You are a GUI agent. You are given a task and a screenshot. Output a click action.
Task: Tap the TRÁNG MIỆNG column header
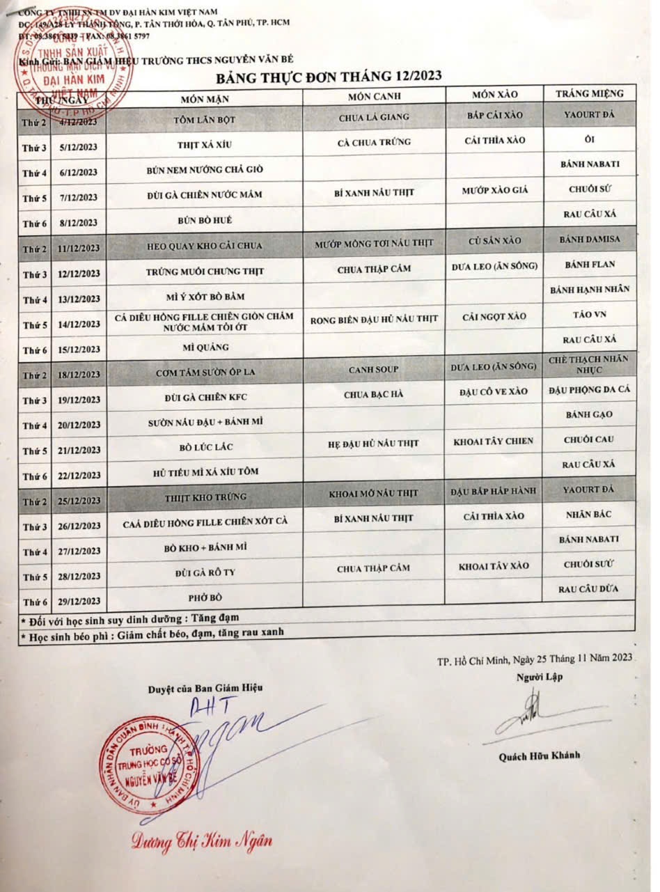pyautogui.click(x=589, y=93)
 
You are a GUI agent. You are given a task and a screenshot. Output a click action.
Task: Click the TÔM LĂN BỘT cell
pyautogui.click(x=205, y=120)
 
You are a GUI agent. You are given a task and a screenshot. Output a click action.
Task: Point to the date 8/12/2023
pyautogui.click(x=79, y=224)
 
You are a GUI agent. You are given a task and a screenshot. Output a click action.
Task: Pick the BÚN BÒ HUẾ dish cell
pyautogui.click(x=205, y=220)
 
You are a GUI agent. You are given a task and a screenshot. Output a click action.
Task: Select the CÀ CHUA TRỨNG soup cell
pyautogui.click(x=375, y=142)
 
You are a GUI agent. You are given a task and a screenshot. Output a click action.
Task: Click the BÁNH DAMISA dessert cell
pyautogui.click(x=590, y=239)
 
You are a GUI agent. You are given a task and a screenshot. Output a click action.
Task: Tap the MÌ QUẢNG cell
pyautogui.click(x=205, y=347)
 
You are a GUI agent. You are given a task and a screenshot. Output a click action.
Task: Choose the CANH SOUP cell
pyautogui.click(x=374, y=369)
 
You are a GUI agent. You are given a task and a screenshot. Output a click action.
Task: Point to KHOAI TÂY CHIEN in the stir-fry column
pyautogui.click(x=493, y=441)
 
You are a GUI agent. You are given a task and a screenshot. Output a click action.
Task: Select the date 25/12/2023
pyautogui.click(x=80, y=501)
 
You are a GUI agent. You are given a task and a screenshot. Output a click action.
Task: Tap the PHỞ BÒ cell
pyautogui.click(x=203, y=597)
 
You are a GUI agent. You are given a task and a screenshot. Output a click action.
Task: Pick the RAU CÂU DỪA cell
pyautogui.click(x=589, y=590)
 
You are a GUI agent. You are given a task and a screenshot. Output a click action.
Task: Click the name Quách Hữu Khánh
pyautogui.click(x=539, y=756)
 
